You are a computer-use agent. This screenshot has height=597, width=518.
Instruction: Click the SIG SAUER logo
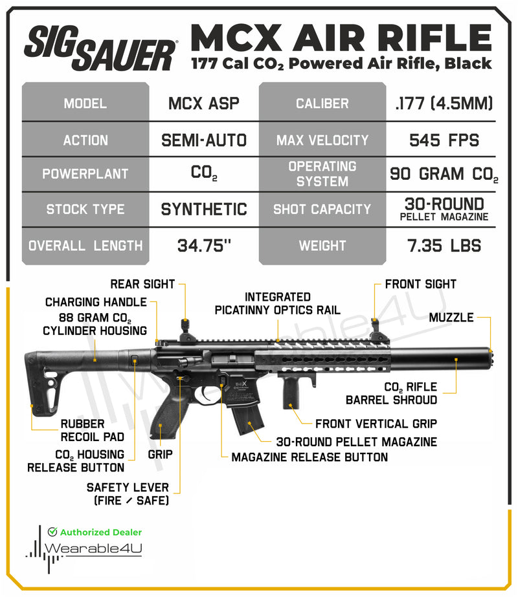[x=100, y=49]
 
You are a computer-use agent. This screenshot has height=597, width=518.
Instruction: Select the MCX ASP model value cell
[x=203, y=103]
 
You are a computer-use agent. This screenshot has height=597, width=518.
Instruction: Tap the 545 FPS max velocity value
[x=444, y=140]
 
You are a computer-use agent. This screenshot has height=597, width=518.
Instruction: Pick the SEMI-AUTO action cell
[x=203, y=140]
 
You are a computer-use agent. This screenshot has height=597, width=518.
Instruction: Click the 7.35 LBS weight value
[x=444, y=246]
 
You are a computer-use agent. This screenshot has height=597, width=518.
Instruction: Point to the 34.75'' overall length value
[x=203, y=246]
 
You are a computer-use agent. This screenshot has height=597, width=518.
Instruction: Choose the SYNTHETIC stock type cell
[x=203, y=210]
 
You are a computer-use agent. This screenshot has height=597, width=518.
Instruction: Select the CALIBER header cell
[x=322, y=103]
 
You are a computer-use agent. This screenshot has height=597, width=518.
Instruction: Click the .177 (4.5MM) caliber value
[x=444, y=103]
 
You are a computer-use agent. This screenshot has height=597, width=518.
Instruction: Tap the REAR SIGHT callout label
[x=142, y=284]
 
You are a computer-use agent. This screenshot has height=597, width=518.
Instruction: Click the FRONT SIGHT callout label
[x=420, y=284]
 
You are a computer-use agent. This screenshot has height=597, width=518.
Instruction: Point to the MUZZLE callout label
[x=451, y=318]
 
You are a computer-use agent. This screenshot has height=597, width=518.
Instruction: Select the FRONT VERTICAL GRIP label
[x=376, y=424]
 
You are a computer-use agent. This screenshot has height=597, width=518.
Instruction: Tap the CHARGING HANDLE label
[x=96, y=302]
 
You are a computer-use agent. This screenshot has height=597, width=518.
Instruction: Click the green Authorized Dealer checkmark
[x=52, y=532]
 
